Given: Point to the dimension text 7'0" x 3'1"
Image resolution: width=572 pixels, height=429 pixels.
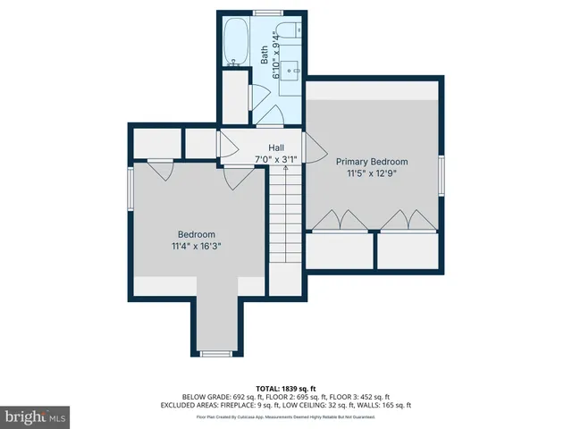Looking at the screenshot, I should coord(275,159).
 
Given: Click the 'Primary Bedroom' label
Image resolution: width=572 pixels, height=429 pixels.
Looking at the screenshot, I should coord(372,162).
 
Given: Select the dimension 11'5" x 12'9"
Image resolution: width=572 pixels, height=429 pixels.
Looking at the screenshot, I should coord(372,173).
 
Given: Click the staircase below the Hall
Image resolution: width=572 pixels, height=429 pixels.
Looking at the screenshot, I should coord(286,219).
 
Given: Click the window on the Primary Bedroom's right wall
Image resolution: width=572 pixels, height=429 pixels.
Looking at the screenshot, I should coord(442,174).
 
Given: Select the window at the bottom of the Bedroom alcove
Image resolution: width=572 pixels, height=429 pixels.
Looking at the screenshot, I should coord(215,354).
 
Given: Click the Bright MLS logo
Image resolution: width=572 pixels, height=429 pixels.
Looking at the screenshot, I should coord(36,416).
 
